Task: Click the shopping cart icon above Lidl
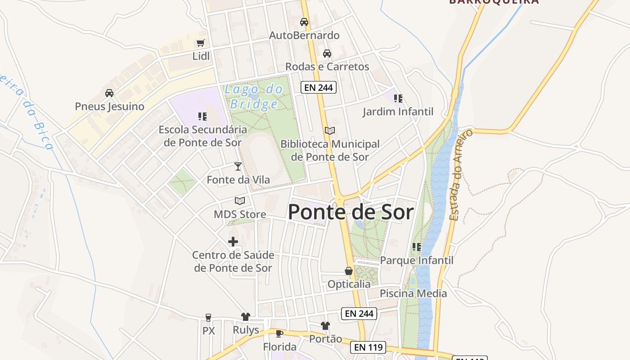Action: point(201,43)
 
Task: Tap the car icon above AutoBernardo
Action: point(304,22)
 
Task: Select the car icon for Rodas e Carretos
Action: point(327,54)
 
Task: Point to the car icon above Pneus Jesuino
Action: point(109,93)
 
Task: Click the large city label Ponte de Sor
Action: point(351,212)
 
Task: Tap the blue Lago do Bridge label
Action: point(254,97)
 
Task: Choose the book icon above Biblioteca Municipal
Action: point(330,130)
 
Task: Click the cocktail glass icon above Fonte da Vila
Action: point(238,166)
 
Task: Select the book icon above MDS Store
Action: point(240,201)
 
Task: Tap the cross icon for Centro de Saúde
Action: point(233,242)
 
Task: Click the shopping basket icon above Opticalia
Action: point(349,271)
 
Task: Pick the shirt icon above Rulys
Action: point(246,317)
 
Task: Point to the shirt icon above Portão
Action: point(325,325)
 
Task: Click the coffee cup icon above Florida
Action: point(279,333)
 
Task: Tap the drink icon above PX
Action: point(208,317)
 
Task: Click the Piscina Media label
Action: point(413,293)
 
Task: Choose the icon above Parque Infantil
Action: point(417,247)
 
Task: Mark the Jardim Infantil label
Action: point(398,112)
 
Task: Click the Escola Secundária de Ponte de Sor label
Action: point(202,136)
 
